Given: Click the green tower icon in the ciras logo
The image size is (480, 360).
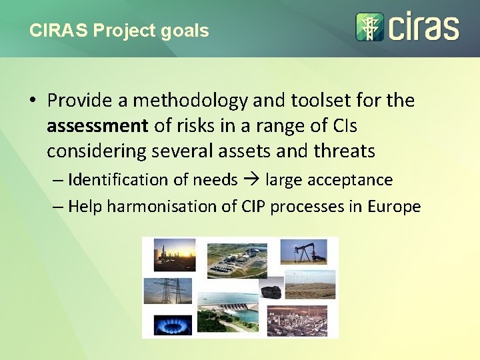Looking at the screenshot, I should point(369,27).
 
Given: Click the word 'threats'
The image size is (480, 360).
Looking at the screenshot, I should point(345,151).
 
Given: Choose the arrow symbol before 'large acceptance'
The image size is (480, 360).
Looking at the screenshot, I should point(251,180).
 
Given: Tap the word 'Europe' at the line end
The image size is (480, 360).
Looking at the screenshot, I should point(394,207).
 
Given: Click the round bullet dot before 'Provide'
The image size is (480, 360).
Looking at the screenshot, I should point(31,101).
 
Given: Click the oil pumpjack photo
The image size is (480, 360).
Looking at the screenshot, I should point(303,251).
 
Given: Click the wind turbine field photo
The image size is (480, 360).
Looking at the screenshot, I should point(309,285).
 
